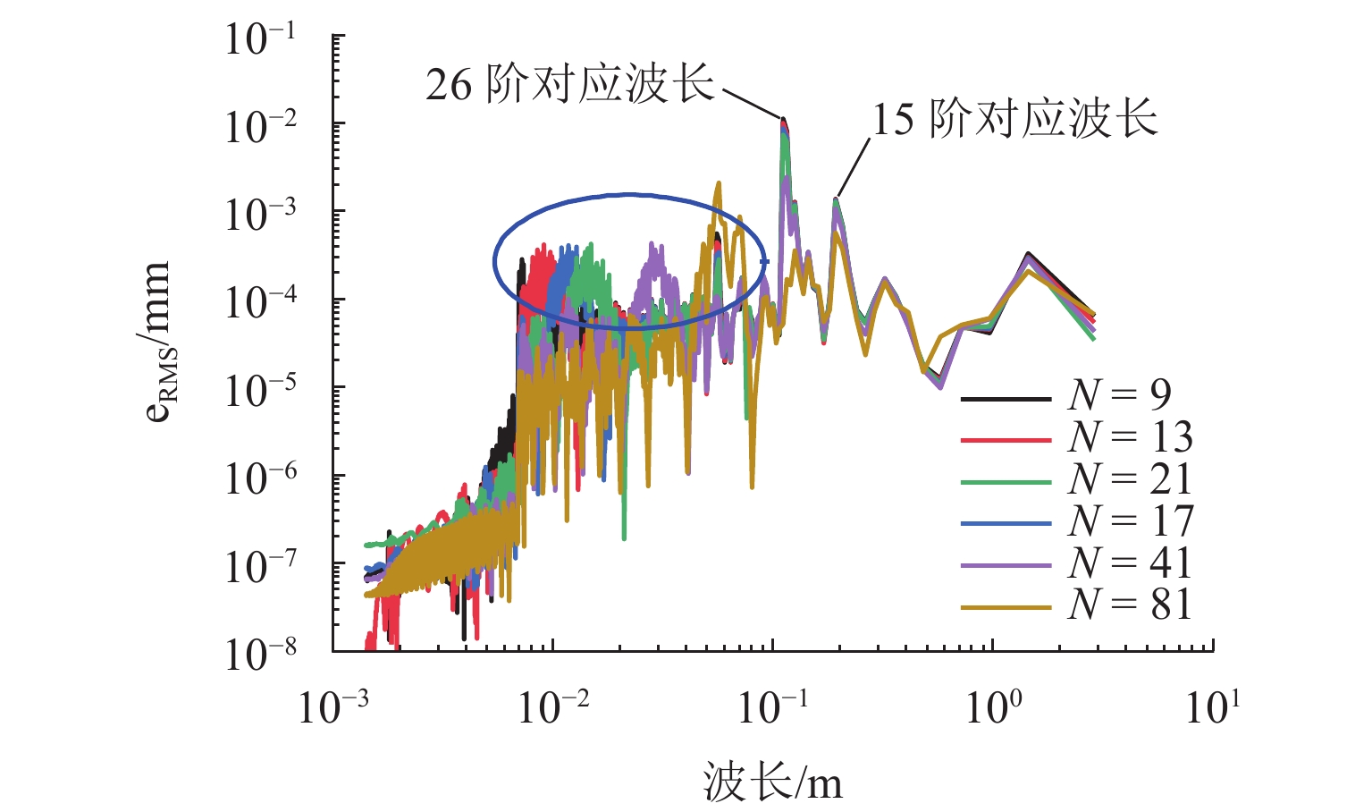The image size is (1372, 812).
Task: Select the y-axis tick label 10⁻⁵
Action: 260,392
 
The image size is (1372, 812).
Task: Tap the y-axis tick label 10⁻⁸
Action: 260,656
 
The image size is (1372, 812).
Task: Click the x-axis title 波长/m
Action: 772,782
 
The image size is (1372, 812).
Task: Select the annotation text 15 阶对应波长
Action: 1014,119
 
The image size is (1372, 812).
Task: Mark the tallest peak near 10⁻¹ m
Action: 783,120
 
